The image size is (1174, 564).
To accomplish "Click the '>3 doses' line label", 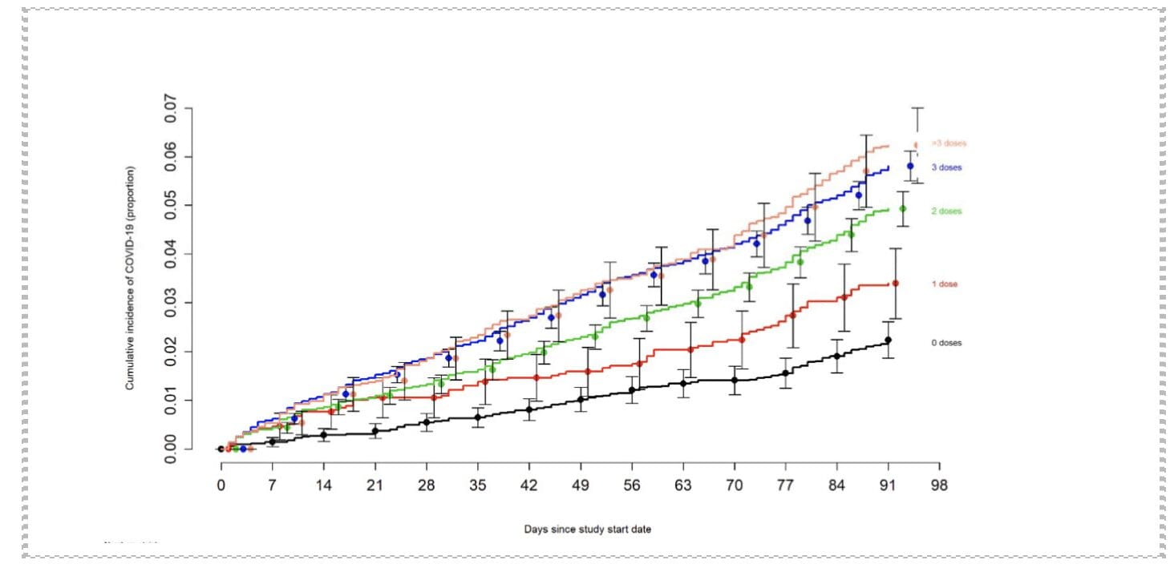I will tap(948, 143).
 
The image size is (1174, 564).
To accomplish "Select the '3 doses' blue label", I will tap(946, 167).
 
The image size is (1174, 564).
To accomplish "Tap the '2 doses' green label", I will tap(946, 211).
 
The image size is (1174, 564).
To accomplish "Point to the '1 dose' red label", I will tap(944, 284).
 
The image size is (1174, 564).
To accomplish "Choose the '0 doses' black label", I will tap(946, 343).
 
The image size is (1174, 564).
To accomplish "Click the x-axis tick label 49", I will tap(580, 485).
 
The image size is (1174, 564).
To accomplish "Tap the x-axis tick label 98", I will tap(939, 485).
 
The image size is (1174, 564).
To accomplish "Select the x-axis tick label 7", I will tap(272, 485).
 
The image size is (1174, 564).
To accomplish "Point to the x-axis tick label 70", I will tap(734, 485).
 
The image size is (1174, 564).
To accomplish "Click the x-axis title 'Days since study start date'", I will tap(588, 530).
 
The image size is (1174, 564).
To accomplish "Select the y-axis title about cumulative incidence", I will tap(129, 279).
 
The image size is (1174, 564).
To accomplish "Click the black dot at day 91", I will tap(888, 340).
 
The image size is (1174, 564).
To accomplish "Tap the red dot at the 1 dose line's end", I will tap(895, 284).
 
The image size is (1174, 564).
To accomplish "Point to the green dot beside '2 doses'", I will tap(902, 209).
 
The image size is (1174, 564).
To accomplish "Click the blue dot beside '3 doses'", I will tap(910, 167).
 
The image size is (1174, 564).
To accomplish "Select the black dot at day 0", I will tap(221, 449).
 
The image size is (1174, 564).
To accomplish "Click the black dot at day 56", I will tap(632, 390).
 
